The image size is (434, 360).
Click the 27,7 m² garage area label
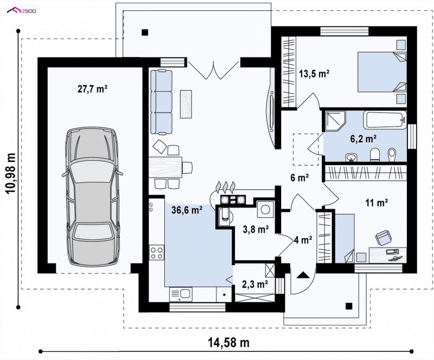tap(92, 89)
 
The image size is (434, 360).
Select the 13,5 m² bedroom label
tap(314, 74)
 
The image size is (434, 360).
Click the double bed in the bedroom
tap(382, 72)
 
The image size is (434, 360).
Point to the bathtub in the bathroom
tap(385, 119)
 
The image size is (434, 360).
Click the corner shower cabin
tap(335, 121)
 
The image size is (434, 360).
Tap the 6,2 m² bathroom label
tap(363, 138)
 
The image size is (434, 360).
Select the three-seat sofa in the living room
tap(161, 102)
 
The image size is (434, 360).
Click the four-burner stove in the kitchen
tap(156, 252)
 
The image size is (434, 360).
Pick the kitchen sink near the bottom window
tap(181, 294)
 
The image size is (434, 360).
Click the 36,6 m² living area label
tap(187, 210)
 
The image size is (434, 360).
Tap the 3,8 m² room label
tap(256, 229)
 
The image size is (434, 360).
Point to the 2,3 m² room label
tap(255, 284)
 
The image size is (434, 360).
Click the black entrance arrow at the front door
tap(303, 275)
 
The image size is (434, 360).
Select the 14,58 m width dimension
tap(228, 343)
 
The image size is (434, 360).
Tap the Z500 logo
tap(22, 10)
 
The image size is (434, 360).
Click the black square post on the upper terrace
tap(145, 33)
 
